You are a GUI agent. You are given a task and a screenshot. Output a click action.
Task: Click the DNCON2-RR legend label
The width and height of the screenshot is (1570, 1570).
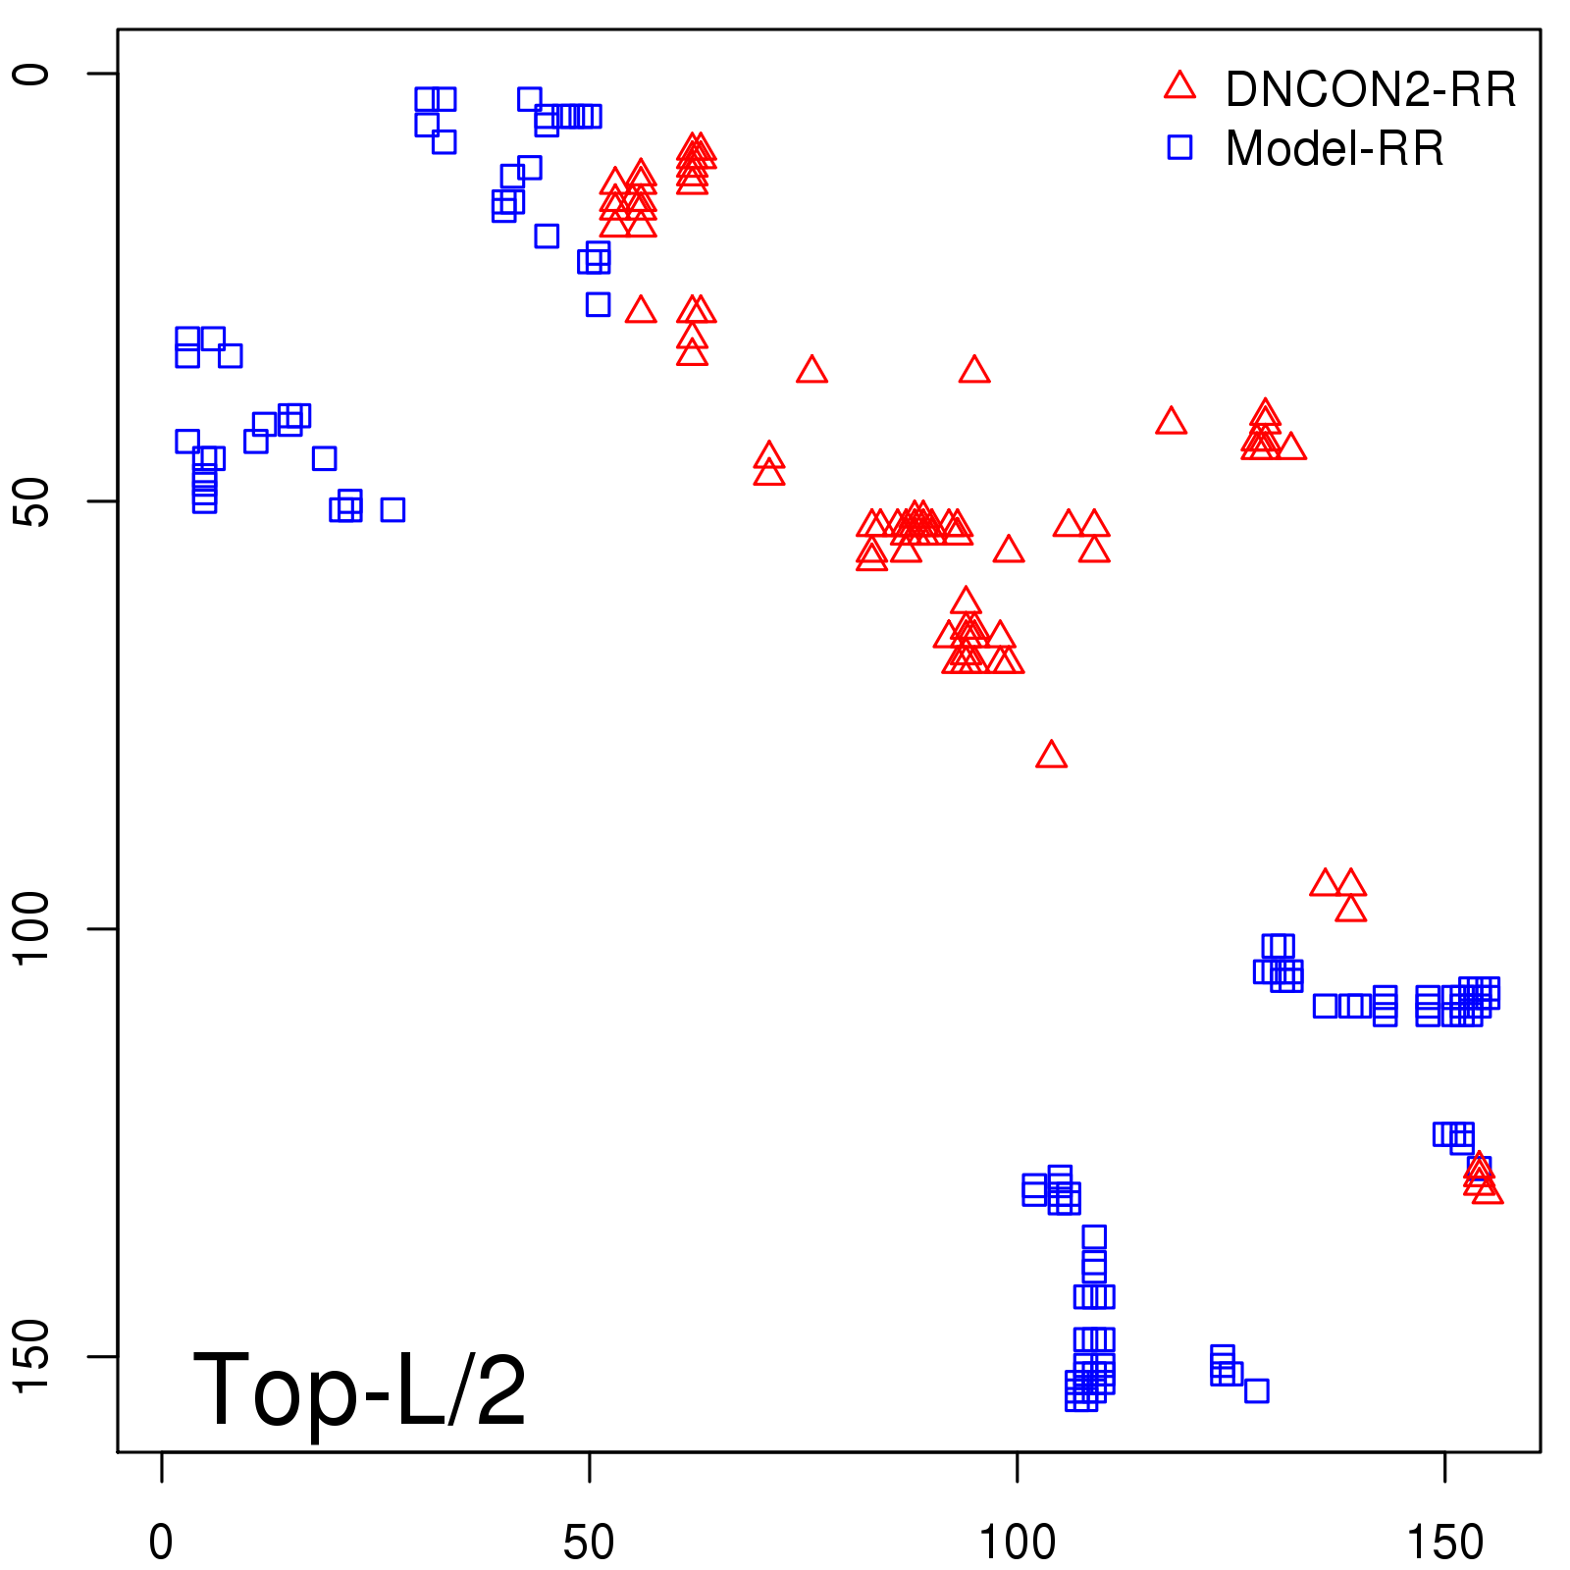click(1370, 90)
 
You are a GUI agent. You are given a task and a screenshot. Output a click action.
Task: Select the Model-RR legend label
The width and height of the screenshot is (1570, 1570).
click(1334, 149)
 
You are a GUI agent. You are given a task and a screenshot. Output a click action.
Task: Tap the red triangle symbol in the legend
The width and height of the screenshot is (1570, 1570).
click(1179, 86)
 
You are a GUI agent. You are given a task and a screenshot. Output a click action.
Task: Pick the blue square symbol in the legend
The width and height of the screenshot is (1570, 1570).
click(1179, 147)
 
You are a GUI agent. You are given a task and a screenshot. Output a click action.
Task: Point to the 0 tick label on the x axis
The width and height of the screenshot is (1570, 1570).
click(161, 1543)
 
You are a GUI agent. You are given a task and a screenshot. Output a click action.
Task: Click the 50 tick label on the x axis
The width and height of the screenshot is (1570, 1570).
click(589, 1543)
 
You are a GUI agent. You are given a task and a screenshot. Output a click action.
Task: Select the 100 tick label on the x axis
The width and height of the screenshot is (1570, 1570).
click(1018, 1543)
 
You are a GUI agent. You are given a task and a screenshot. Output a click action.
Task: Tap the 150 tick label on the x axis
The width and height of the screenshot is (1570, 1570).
click(1444, 1543)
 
